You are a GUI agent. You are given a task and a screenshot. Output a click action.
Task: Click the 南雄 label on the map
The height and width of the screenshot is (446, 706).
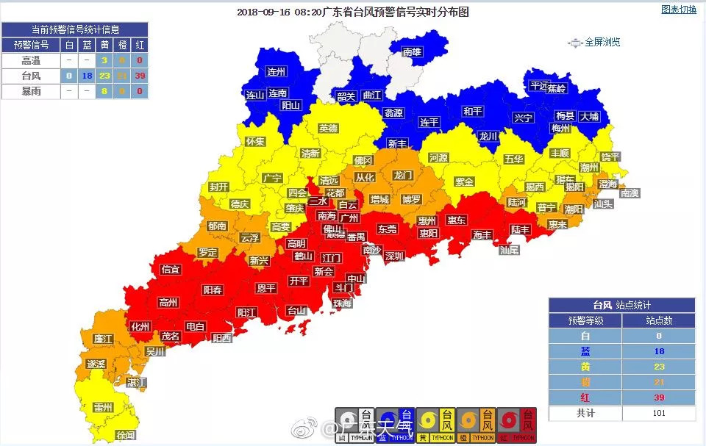pos(412,51)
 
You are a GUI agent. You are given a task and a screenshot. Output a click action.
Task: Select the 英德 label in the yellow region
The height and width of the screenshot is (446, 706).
pos(329,128)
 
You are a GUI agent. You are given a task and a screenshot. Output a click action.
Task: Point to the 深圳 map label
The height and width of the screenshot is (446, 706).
pos(394,256)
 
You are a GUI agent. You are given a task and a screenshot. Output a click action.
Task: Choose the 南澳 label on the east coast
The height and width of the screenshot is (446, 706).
pos(630,193)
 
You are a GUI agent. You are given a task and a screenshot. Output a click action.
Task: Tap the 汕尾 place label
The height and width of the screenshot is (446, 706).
pos(509,250)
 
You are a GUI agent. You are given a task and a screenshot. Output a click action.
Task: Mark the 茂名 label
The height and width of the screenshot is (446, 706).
pos(171,336)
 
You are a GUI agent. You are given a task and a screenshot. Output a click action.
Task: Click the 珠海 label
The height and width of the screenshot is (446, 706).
pos(342,303)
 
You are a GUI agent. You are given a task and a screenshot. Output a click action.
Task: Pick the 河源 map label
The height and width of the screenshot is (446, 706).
pos(438,157)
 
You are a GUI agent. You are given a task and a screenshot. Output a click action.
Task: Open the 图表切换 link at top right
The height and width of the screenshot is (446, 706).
pos(678,10)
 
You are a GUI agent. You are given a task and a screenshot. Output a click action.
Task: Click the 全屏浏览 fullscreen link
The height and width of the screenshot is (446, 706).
pos(602,43)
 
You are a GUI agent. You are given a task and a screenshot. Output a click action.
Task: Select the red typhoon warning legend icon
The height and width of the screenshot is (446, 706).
pos(516,425)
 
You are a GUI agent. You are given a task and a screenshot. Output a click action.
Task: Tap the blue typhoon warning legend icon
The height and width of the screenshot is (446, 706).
pos(395,425)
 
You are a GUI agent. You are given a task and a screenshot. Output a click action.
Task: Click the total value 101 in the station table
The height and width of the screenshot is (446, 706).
pos(658,413)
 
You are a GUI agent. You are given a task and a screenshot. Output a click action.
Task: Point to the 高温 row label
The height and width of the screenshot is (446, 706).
pos(30,60)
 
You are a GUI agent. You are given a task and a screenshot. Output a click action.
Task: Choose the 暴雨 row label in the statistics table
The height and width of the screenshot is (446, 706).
pos(30,91)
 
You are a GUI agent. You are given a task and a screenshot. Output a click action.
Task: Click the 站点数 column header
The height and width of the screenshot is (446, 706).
pos(658,320)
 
